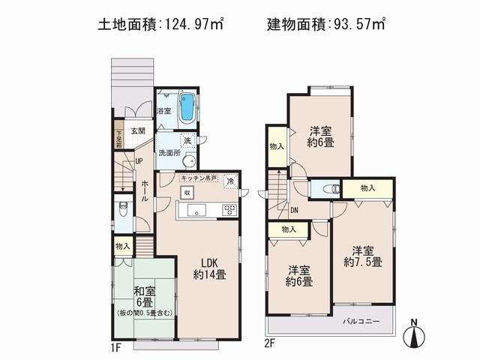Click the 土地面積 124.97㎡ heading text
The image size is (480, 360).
click(x=161, y=24)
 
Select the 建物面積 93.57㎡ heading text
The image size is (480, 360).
click(x=326, y=24)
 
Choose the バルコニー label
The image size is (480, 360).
click(x=361, y=321)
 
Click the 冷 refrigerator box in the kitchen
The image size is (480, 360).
click(x=230, y=180)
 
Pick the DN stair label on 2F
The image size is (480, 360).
click(x=294, y=210)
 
